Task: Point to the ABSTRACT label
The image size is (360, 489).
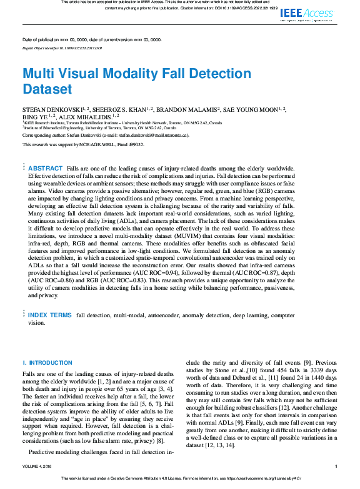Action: (46, 169)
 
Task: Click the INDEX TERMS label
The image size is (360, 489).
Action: (50, 315)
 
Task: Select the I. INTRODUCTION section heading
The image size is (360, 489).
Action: (47, 363)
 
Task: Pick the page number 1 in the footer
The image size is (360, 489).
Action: (336, 466)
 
